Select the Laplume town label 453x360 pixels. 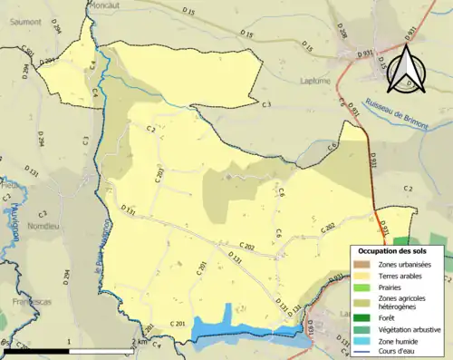point(314,79)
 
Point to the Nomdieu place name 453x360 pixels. point(43,227)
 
